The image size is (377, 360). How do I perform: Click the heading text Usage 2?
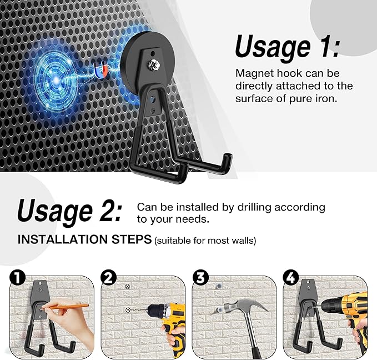[69, 211]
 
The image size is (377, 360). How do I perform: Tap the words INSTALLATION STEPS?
[84, 239]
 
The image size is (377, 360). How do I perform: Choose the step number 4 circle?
[290, 277]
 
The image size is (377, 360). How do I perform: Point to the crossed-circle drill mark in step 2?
[128, 287]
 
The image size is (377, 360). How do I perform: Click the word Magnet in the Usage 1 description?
[254, 73]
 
